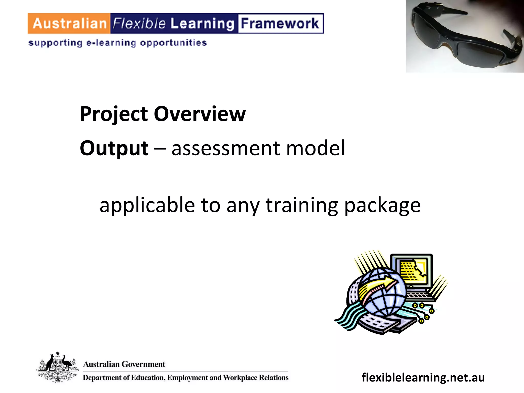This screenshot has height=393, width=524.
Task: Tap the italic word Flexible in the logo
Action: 139,24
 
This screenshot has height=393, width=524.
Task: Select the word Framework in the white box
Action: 280,24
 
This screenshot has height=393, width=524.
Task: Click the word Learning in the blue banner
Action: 202,24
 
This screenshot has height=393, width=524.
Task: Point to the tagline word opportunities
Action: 173,43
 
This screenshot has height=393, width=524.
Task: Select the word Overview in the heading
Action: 200,114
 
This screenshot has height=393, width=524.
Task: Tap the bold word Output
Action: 114,148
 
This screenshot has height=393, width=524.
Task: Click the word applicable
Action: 147,205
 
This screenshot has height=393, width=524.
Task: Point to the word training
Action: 302,205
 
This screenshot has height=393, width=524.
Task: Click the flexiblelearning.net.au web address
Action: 423,377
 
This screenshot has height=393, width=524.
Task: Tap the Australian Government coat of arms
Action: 58,367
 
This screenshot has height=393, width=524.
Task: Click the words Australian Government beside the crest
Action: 124,364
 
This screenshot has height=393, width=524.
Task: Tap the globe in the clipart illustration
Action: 383,292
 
